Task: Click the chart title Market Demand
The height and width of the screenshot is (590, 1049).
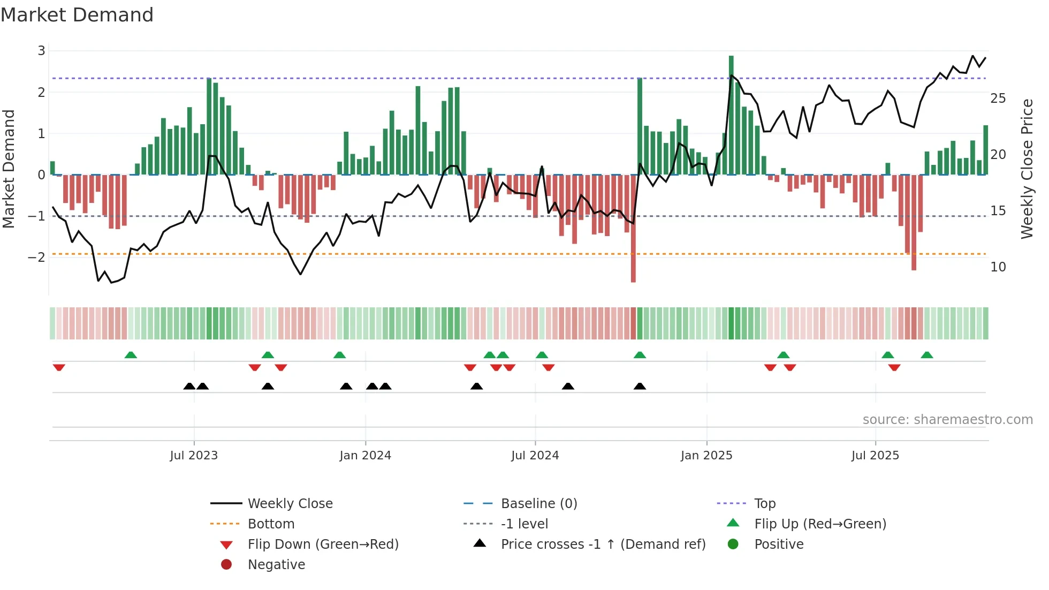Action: [x=77, y=15]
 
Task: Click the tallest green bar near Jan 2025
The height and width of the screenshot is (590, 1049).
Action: [x=731, y=115]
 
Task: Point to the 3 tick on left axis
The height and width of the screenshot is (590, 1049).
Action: [x=41, y=51]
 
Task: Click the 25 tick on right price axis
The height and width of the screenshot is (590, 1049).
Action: [x=998, y=99]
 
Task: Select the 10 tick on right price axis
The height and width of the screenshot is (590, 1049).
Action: [x=998, y=267]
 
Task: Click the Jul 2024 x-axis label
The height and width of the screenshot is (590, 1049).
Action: [x=535, y=456]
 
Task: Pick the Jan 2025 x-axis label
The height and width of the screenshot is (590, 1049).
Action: [x=706, y=456]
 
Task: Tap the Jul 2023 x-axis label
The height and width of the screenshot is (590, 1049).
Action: [x=194, y=456]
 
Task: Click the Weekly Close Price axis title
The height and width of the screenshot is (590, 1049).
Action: [x=1027, y=169]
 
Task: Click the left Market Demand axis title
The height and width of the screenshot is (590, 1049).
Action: [x=9, y=169]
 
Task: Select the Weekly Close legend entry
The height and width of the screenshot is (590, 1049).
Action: [x=290, y=504]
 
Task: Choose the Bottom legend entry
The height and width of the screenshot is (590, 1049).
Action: [x=271, y=524]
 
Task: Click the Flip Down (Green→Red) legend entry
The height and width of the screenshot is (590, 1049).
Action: [x=323, y=544]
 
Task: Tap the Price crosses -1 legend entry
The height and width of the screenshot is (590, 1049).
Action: [x=603, y=544]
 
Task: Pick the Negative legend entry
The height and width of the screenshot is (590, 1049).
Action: [x=276, y=565]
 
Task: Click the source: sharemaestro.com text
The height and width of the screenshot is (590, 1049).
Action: [x=947, y=420]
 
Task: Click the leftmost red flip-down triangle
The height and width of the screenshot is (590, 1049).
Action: [x=59, y=367]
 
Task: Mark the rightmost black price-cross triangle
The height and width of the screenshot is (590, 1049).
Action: [x=640, y=386]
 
